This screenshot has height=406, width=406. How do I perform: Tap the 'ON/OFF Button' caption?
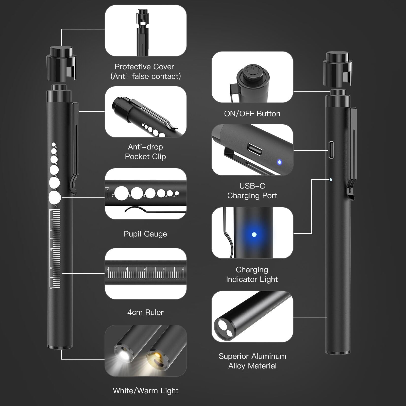click(x=252, y=113)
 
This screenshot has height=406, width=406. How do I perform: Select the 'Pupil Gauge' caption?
click(x=145, y=234)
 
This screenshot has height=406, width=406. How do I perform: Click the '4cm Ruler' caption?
click(x=145, y=312)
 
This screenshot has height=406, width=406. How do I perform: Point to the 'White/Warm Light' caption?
click(x=146, y=391)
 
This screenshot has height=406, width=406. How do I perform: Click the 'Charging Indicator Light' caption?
click(x=252, y=274)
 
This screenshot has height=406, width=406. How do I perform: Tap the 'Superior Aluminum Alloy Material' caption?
click(x=252, y=361)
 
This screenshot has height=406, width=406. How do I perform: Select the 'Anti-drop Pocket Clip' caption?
click(x=145, y=151)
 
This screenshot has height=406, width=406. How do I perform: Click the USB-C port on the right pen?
click(x=331, y=150)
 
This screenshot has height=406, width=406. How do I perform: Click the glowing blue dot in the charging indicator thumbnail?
click(x=254, y=234)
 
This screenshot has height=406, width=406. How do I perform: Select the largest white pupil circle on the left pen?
click(x=55, y=197)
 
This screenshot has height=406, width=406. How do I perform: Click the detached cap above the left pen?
click(x=61, y=63)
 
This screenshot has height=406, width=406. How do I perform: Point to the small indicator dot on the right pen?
click(x=331, y=180)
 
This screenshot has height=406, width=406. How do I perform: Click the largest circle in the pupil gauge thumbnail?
click(x=121, y=194)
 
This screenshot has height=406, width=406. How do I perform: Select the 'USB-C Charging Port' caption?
click(x=252, y=191)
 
